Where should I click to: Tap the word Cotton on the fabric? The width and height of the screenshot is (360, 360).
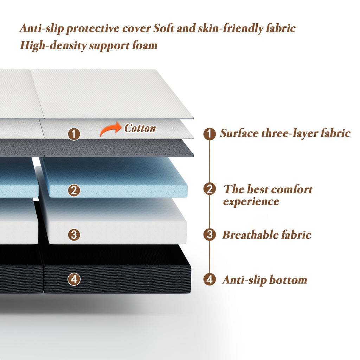pyautogui.click(x=140, y=128)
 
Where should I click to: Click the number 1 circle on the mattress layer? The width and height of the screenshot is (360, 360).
pyautogui.click(x=74, y=134)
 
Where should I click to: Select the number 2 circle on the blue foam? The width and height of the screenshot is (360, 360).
pyautogui.click(x=74, y=190)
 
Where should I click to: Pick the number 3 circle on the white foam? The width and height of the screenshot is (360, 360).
pyautogui.click(x=74, y=234)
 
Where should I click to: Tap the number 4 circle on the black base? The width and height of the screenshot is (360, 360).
pyautogui.click(x=74, y=279)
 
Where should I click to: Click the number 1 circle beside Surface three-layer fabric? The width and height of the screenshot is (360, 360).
pyautogui.click(x=210, y=134)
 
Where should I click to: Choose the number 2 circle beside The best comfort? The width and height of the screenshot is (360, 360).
pyautogui.click(x=210, y=189)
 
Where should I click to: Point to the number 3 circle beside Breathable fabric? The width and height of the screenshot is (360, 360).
pyautogui.click(x=210, y=234)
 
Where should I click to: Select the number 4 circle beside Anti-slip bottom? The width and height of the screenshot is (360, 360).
pyautogui.click(x=210, y=279)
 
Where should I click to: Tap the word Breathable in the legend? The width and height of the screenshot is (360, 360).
pyautogui.click(x=250, y=234)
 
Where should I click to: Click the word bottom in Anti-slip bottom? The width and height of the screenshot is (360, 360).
pyautogui.click(x=288, y=280)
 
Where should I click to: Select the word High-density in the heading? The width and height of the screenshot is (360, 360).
pyautogui.click(x=53, y=45)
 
